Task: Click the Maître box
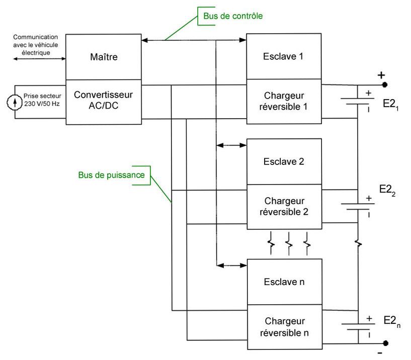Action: pyautogui.click(x=103, y=57)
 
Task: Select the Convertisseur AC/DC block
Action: pyautogui.click(x=104, y=102)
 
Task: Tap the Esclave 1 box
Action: pyautogui.click(x=284, y=56)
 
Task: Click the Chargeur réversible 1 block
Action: pyautogui.click(x=284, y=102)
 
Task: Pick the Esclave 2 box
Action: pyautogui.click(x=284, y=162)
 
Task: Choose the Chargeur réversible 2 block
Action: pyautogui.click(x=284, y=207)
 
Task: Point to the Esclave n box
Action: pyautogui.click(x=285, y=282)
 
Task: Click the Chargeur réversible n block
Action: pyautogui.click(x=285, y=327)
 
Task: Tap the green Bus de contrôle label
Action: pyautogui.click(x=233, y=16)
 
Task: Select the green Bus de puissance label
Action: pyautogui.click(x=111, y=175)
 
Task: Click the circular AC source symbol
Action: pyautogui.click(x=15, y=102)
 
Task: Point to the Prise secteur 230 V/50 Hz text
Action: pyautogui.click(x=42, y=100)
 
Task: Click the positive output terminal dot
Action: pyautogui.click(x=384, y=84)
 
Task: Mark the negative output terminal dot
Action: pyautogui.click(x=385, y=343)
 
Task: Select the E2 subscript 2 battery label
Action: pyautogui.click(x=387, y=190)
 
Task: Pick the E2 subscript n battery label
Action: pyautogui.click(x=392, y=321)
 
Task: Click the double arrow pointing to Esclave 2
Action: pyautogui.click(x=231, y=145)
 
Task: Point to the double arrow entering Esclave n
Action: pyautogui.click(x=232, y=265)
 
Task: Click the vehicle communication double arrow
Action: pyautogui.click(x=39, y=59)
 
